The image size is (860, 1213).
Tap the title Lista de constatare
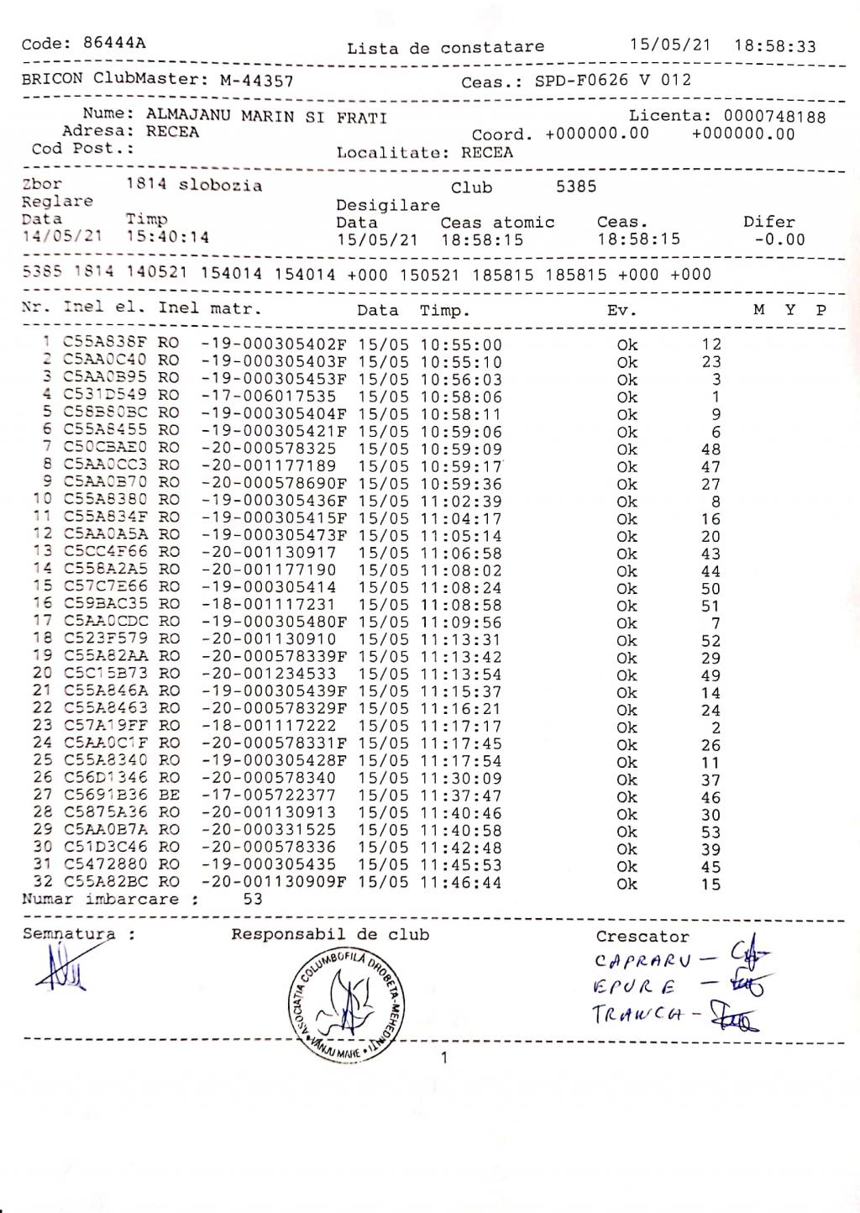[445, 48]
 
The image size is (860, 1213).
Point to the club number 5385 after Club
[576, 186]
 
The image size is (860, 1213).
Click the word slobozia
[220, 186]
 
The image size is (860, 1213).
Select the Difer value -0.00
[780, 239]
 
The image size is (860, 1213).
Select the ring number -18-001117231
[269, 605]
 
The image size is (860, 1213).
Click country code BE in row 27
[169, 796]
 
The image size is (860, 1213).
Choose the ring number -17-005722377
[269, 796]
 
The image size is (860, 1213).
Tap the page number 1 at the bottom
[444, 1058]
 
